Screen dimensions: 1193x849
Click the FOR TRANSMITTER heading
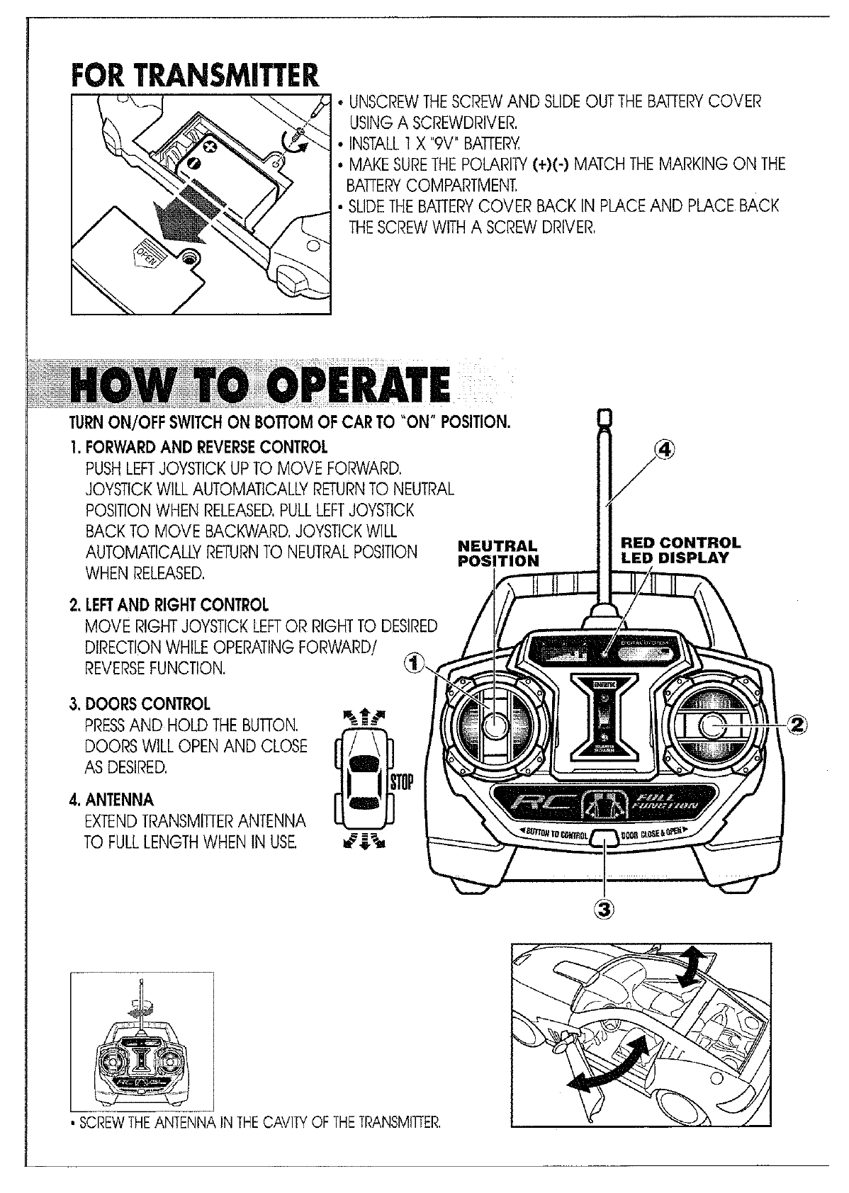tap(194, 75)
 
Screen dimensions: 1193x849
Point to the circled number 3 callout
tap(607, 908)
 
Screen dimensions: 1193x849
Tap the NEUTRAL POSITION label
tap(498, 553)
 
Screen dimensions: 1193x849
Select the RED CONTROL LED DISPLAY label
tap(680, 550)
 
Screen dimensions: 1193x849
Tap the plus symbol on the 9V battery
tap(210, 146)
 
